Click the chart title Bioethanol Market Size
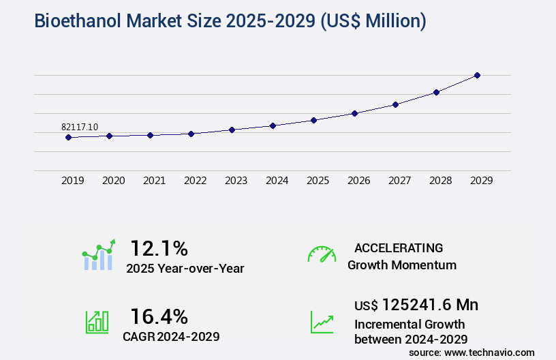[x=230, y=20]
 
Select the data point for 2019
[x=68, y=137]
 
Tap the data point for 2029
[x=477, y=75]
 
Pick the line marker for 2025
[x=313, y=120]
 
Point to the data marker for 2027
[x=395, y=104]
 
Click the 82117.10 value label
[x=80, y=127]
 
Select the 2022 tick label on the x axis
[x=195, y=181]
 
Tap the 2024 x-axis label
[x=277, y=181]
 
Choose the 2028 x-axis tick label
[x=440, y=181]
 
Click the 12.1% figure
[x=159, y=247]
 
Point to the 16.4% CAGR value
[x=159, y=316]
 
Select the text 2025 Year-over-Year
[x=185, y=269]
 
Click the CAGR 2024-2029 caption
[x=171, y=336]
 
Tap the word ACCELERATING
[x=399, y=247]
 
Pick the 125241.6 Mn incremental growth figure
[x=421, y=305]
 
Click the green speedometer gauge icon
[x=322, y=254]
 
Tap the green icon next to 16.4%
[x=97, y=321]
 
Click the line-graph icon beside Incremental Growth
[x=322, y=322]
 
